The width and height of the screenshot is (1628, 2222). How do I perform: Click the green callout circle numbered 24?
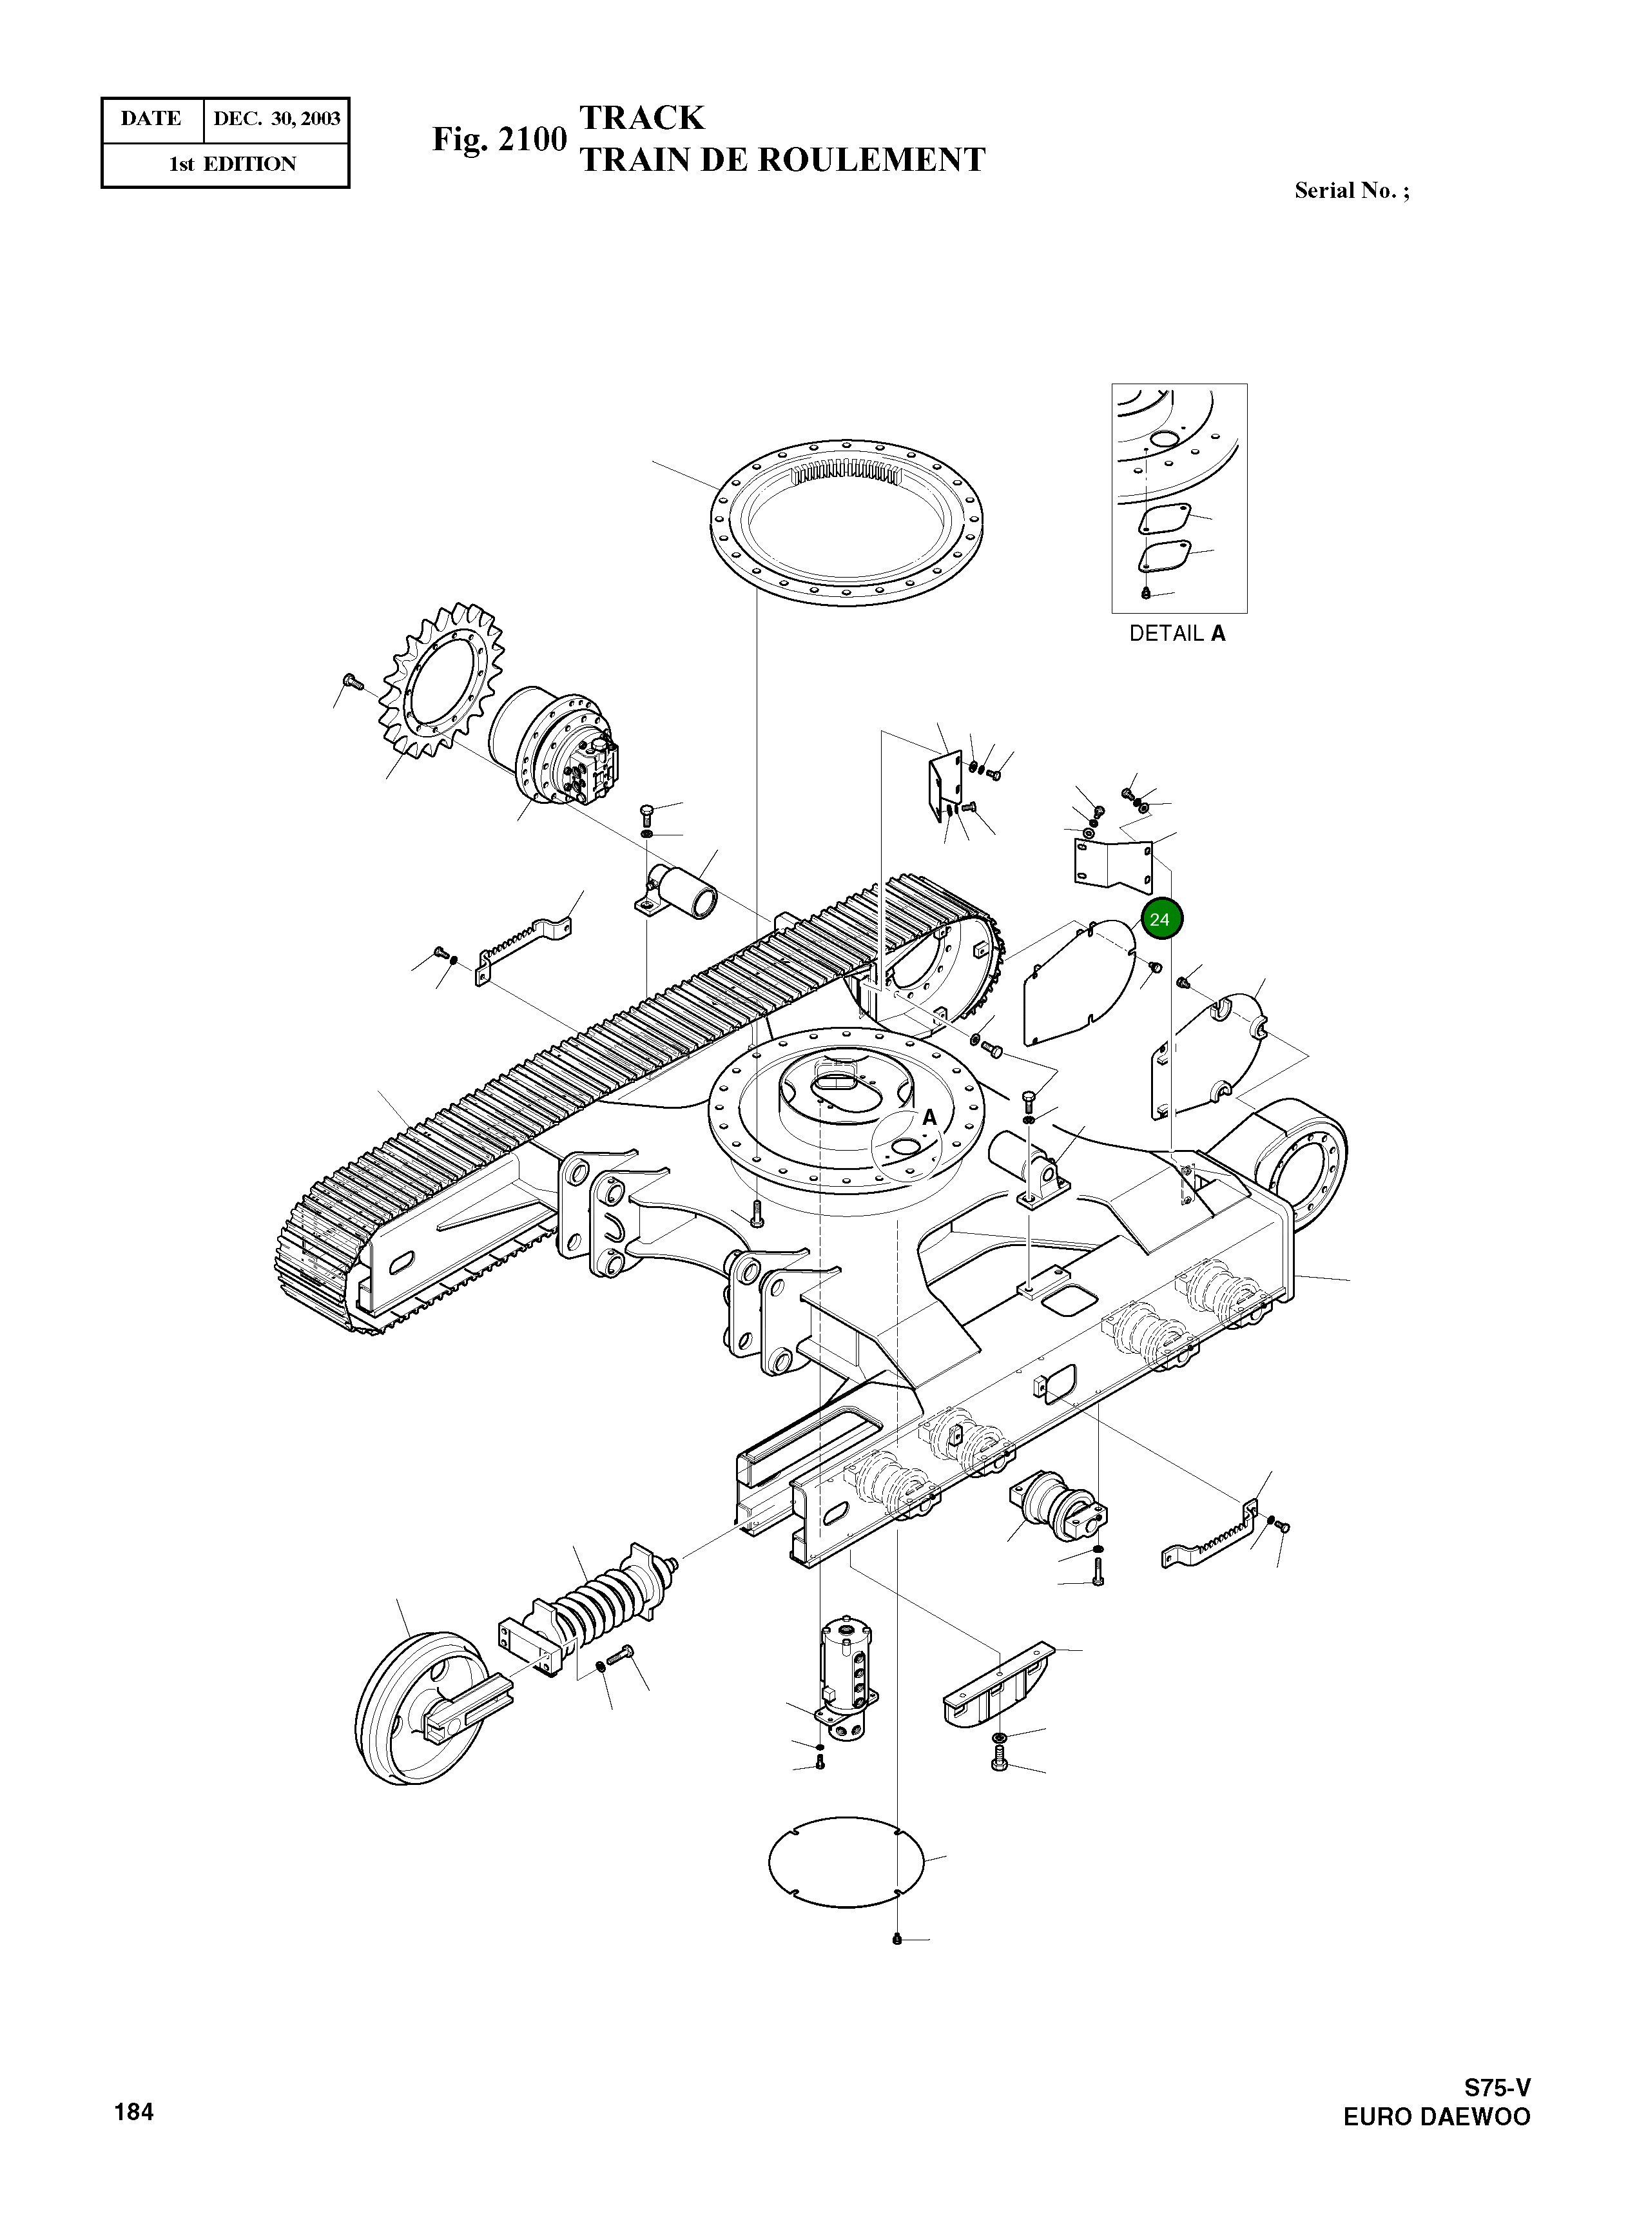[x=1161, y=919]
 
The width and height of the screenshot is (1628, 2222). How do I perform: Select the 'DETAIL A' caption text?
[x=1177, y=634]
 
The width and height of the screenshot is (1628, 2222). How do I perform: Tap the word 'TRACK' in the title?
[x=641, y=117]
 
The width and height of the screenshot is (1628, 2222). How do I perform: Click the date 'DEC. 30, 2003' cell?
[x=277, y=119]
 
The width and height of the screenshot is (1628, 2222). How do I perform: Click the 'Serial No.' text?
[x=1351, y=191]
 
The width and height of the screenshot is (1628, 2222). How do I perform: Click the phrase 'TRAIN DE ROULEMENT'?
[x=782, y=160]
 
